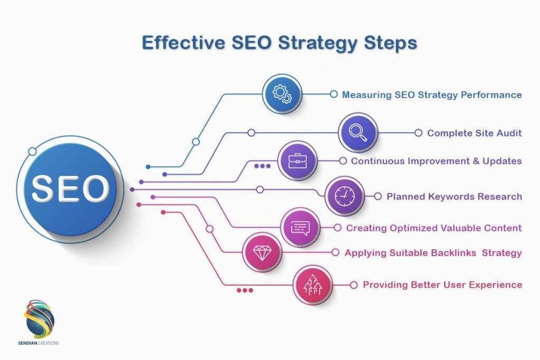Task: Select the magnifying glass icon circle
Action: (x=358, y=133)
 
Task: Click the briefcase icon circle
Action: (x=297, y=161)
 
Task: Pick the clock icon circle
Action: (x=344, y=196)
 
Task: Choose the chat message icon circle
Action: (x=301, y=228)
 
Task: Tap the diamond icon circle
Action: (x=262, y=252)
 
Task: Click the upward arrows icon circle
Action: (x=312, y=285)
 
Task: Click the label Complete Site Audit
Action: (x=474, y=133)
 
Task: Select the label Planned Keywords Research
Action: (x=454, y=197)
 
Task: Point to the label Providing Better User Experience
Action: (x=442, y=285)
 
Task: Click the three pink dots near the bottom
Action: (x=245, y=290)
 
